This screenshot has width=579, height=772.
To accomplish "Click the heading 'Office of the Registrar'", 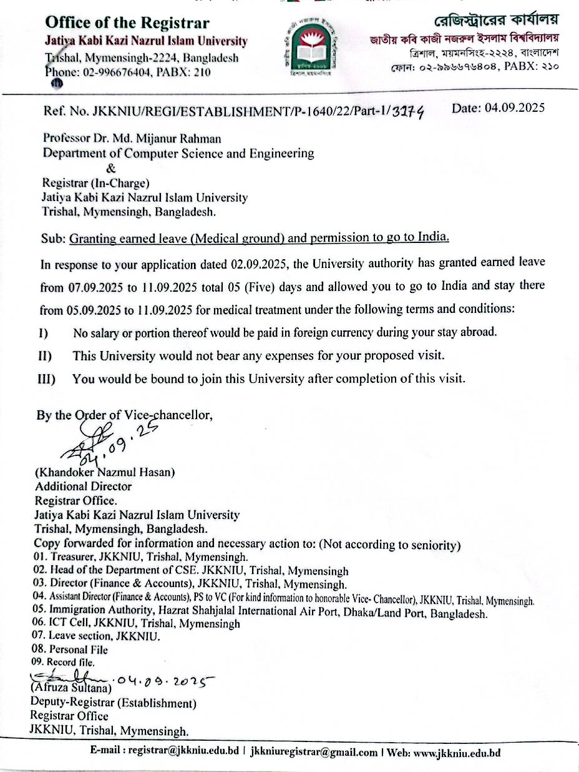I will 127,24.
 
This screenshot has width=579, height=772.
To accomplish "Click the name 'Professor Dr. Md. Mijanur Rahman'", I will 132,139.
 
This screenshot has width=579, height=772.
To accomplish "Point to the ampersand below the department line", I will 111,168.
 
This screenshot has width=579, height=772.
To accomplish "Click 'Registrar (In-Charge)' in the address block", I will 95,183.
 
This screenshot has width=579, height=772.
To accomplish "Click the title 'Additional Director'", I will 83,486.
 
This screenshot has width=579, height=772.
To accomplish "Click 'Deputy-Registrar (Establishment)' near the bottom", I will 114,703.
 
